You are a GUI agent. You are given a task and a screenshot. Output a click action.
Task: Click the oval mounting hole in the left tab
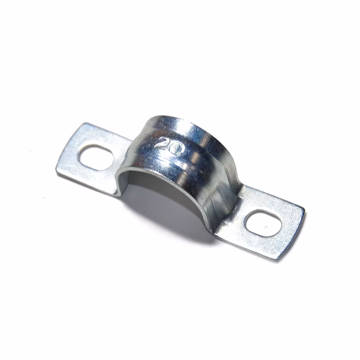pyautogui.click(x=96, y=157)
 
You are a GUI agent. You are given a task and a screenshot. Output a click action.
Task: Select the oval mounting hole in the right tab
pyautogui.click(x=263, y=223)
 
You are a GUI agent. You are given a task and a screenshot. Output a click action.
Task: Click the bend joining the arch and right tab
pyautogui.click(x=239, y=200)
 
